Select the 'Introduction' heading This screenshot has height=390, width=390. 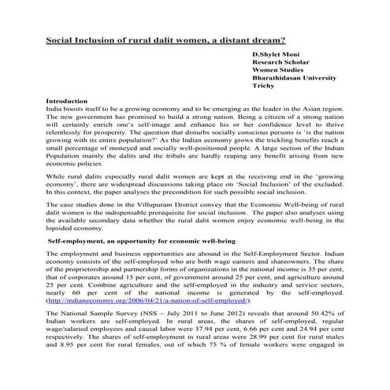click(68, 102)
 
